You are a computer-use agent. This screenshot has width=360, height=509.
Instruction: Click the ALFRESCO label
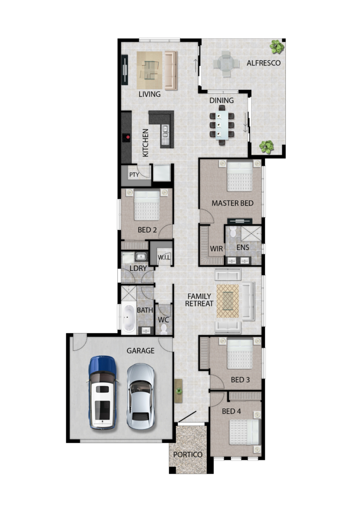pyautogui.click(x=263, y=63)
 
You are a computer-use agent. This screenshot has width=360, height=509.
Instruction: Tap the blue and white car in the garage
pyautogui.click(x=102, y=393)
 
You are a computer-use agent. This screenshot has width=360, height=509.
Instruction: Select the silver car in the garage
pyautogui.click(x=141, y=396)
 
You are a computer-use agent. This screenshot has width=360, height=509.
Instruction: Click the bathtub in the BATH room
pyautogui.click(x=129, y=318)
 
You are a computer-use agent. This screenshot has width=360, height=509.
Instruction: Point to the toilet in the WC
pyautogui.click(x=164, y=329)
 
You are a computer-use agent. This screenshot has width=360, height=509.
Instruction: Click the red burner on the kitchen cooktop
pyautogui.click(x=128, y=137)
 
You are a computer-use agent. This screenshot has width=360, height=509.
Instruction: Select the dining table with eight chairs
pyautogui.click(x=222, y=125)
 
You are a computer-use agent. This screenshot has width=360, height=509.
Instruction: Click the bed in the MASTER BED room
pyautogui.click(x=240, y=176)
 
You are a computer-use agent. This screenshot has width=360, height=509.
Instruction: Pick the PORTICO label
pyautogui.click(x=187, y=454)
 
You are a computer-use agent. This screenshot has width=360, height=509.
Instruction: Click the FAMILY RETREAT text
pyautogui.click(x=199, y=300)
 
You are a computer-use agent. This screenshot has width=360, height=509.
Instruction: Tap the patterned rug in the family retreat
pyautogui.click(x=228, y=301)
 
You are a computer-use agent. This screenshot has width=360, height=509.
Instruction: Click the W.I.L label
pyautogui.click(x=164, y=257)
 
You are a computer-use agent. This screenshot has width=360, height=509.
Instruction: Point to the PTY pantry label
pyautogui.click(x=134, y=174)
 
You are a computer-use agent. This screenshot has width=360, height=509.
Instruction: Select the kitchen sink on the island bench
pyautogui.click(x=165, y=131)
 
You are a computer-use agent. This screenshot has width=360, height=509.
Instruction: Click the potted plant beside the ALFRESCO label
pyautogui.click(x=277, y=47)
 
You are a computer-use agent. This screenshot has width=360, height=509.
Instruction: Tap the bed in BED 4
pyautogui.click(x=245, y=432)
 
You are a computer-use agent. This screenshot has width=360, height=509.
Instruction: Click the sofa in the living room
pyautogui.click(x=171, y=71)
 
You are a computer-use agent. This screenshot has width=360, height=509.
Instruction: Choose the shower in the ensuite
pyautogui.click(x=251, y=234)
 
